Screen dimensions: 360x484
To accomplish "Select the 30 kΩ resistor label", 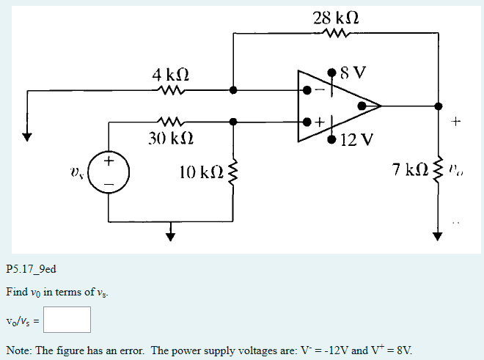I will coord(170,138).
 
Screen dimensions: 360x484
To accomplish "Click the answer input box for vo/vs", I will coord(66,320).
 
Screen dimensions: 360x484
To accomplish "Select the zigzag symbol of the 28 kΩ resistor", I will coord(337,33).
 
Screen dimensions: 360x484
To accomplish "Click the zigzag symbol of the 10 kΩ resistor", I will coord(233,172).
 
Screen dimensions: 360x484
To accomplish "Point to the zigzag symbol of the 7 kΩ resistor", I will coord(439,172).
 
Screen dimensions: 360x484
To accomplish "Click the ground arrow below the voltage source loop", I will coord(171,234).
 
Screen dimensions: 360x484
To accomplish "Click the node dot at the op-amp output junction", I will coord(439,106).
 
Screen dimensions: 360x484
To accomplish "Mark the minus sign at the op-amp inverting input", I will coord(318,91).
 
